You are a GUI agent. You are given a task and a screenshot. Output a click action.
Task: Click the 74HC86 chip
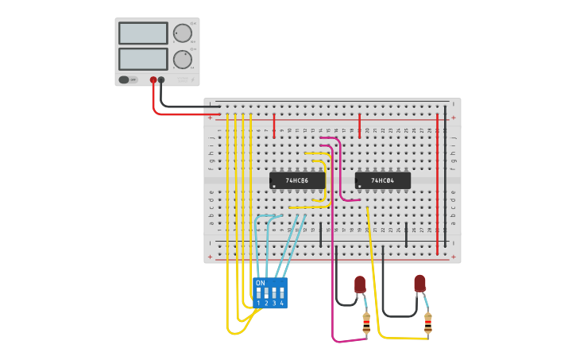[297, 180]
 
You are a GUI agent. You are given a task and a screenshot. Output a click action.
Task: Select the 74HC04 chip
[383, 180]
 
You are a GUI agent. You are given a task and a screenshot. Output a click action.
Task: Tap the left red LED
[360, 284]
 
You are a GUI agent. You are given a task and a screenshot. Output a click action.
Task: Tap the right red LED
[419, 283]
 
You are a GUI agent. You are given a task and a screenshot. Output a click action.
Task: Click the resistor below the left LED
[366, 323]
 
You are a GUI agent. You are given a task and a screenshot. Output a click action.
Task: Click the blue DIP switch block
[269, 292]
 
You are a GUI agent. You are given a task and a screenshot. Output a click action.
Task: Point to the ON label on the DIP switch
[261, 283]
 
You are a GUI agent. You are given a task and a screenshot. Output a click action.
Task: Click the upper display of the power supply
[143, 33]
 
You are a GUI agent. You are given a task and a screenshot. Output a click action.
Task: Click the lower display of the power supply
[143, 59]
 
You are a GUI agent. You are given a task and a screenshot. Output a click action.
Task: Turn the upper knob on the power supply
[182, 33]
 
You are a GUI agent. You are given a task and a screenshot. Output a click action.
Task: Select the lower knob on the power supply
[182, 60]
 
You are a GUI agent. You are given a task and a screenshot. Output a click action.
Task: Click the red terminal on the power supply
[153, 79]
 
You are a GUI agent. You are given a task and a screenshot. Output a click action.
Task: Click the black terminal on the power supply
[161, 79]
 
